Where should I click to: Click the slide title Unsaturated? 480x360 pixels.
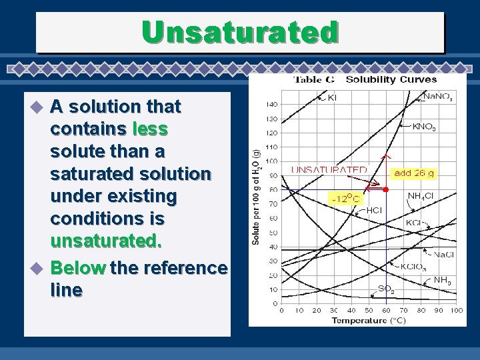(x=240, y=31)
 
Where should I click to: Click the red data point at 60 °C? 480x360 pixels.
(x=386, y=190)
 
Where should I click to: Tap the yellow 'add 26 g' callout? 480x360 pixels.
(x=413, y=173)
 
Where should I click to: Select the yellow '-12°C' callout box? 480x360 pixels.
(x=345, y=198)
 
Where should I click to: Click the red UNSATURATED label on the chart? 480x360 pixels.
(x=329, y=170)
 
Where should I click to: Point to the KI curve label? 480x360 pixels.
(x=331, y=97)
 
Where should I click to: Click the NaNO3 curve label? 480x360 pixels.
(x=437, y=97)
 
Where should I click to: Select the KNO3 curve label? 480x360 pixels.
(x=425, y=126)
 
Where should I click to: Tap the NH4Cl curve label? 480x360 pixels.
(x=421, y=196)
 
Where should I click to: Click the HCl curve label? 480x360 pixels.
(x=374, y=210)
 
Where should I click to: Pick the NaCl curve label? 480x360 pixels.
(x=444, y=254)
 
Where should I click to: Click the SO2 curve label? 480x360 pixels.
(x=385, y=289)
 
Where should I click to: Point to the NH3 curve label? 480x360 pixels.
(x=442, y=281)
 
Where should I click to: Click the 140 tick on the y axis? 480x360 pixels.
(x=272, y=105)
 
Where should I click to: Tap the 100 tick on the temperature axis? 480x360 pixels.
(x=456, y=310)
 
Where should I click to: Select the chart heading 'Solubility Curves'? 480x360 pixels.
(x=391, y=80)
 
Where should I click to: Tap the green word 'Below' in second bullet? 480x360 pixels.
(x=78, y=268)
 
